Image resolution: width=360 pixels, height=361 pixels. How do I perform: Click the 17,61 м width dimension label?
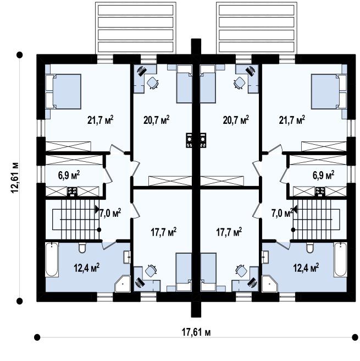click(x=196, y=332)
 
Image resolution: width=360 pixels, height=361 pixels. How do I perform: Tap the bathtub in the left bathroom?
click(x=52, y=259)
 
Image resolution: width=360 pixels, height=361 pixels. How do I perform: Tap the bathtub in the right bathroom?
click(x=340, y=259)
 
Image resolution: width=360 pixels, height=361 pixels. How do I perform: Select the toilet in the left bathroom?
click(x=82, y=248)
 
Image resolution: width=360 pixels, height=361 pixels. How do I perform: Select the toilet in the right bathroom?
click(x=310, y=248)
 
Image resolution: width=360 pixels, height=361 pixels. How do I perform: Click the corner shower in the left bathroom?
click(x=123, y=283)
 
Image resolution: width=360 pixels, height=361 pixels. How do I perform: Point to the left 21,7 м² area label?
click(x=101, y=120)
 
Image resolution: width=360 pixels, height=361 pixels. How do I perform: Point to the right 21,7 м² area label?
click(x=292, y=120)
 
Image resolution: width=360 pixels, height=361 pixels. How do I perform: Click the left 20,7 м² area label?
click(x=157, y=120)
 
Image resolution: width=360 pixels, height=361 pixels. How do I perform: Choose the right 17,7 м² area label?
click(x=229, y=232)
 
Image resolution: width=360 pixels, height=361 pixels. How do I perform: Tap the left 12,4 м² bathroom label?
click(x=86, y=267)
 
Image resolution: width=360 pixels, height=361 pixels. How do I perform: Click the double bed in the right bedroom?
click(x=329, y=91)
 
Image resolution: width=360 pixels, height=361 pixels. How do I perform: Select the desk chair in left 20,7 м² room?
click(x=152, y=83)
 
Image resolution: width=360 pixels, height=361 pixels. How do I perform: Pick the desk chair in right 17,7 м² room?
click(x=241, y=271)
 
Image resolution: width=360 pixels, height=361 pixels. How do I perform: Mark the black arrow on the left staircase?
click(x=97, y=210)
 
